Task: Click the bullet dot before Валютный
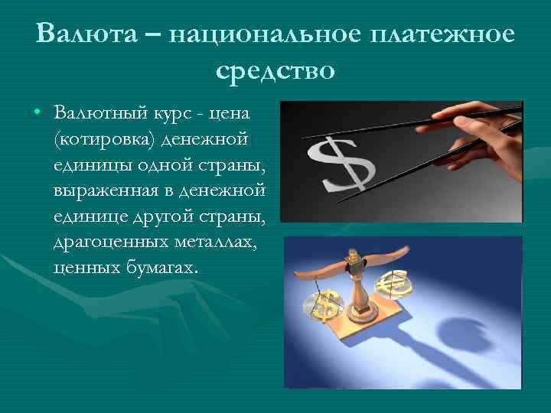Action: pyautogui.click(x=37, y=113)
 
